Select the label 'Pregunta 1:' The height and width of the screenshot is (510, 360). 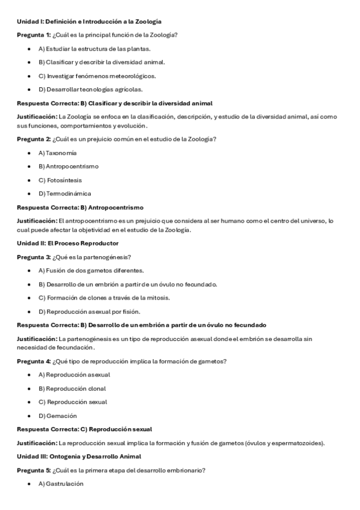click(34, 35)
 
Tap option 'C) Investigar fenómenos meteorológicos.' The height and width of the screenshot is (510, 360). click(97, 76)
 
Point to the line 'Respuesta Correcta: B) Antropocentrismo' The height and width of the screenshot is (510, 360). click(80, 207)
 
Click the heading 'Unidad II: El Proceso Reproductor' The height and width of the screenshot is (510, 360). click(67, 243)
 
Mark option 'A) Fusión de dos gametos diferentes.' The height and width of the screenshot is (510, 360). click(91, 271)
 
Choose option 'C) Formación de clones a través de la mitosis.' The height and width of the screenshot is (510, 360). click(104, 298)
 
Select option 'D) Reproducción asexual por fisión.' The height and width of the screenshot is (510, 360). click(89, 312)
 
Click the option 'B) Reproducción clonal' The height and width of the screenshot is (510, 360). click(72, 389)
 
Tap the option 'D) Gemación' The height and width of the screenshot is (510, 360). click(58, 416)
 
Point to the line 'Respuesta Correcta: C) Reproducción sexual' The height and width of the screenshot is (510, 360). click(84, 429)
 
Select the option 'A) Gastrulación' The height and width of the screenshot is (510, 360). click(61, 484)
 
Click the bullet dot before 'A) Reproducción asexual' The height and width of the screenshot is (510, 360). click(29, 375)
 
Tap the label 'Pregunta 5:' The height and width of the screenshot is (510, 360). click(34, 470)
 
